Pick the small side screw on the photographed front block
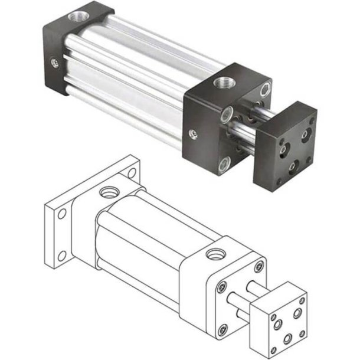click(191, 134)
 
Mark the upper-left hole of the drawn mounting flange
click(59, 215)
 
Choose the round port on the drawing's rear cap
click(110, 192)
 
